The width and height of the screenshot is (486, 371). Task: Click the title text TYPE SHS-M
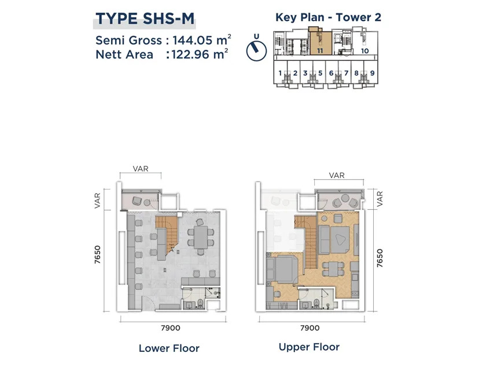[x=145, y=19]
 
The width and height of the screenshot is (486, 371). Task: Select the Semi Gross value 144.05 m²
[x=202, y=40]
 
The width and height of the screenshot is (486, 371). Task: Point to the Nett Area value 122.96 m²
[x=200, y=54]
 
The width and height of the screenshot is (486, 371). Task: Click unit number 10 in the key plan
[x=365, y=51]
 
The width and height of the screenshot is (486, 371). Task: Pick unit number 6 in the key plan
[x=331, y=73]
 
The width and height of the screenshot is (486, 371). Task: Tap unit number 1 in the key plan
[x=280, y=73]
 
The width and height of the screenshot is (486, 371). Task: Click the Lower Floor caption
[x=169, y=348]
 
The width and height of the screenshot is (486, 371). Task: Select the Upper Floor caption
[x=309, y=347]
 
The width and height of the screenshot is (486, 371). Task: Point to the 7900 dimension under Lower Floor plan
[x=171, y=328]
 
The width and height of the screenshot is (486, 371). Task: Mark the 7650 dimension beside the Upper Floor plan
[x=380, y=258]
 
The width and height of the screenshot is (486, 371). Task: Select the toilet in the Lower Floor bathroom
[x=200, y=303]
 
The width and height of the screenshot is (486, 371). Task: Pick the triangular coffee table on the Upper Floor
[x=340, y=239]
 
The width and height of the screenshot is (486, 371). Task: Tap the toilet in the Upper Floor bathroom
[x=316, y=303]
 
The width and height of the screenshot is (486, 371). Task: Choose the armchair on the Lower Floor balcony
[x=137, y=201]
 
